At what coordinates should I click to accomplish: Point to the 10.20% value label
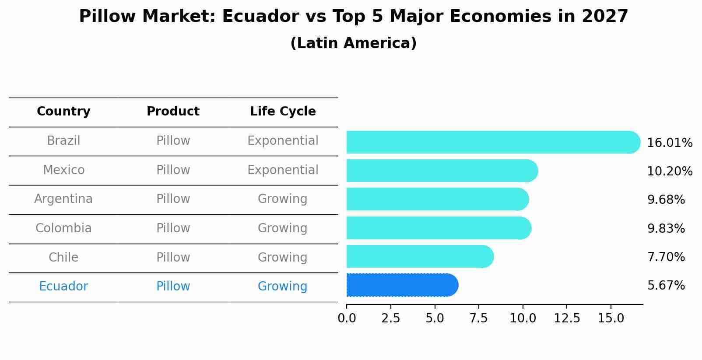(x=670, y=171)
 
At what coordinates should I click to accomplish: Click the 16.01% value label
(x=670, y=143)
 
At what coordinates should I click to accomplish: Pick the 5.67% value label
(x=666, y=286)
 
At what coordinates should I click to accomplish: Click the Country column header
(x=63, y=112)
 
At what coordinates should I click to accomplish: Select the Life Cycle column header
(x=283, y=112)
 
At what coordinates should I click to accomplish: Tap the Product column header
(x=173, y=112)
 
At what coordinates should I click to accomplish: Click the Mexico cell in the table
(x=63, y=170)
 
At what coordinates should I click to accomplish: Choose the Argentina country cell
(x=63, y=199)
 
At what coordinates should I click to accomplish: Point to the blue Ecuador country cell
(x=63, y=287)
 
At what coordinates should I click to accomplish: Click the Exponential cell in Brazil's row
(x=283, y=141)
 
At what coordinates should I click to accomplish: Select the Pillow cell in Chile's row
(x=173, y=258)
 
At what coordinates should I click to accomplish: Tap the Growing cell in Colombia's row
(x=283, y=228)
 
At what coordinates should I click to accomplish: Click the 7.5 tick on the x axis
(x=478, y=318)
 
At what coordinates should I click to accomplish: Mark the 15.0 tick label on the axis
(x=611, y=318)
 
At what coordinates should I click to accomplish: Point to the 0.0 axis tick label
(x=347, y=318)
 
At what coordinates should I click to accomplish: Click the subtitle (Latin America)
(x=353, y=43)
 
